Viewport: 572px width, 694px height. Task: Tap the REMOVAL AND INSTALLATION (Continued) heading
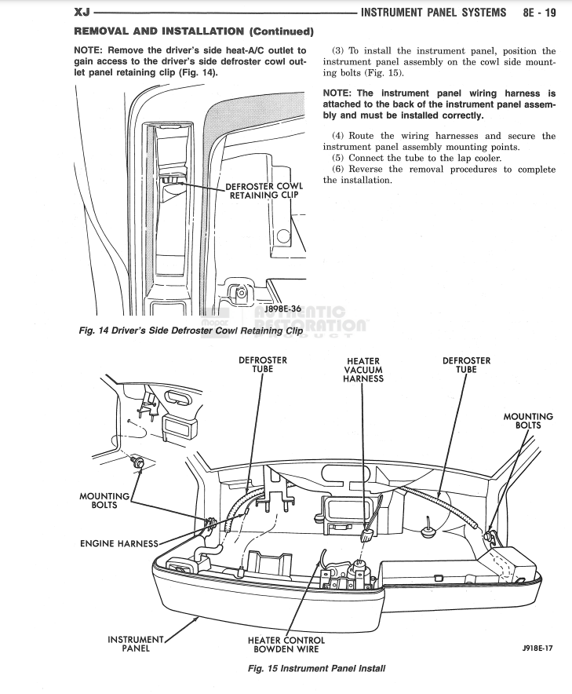point(194,31)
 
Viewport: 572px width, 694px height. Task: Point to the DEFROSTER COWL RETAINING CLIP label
point(264,191)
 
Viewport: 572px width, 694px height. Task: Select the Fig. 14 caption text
point(191,331)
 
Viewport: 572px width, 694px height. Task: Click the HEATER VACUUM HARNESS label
point(363,370)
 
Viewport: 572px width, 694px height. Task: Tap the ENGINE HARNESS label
point(119,543)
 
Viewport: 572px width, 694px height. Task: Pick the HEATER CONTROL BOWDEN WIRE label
point(286,645)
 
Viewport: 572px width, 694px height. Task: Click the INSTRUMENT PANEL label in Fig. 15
point(135,644)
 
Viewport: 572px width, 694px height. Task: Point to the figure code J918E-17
point(537,649)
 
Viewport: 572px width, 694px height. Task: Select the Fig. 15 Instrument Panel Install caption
point(317,669)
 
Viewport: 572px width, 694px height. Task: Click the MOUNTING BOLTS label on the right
point(527,421)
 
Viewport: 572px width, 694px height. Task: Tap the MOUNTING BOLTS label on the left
point(104,500)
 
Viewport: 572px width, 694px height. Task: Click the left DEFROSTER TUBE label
point(262,364)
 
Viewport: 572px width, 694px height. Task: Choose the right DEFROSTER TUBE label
point(466,365)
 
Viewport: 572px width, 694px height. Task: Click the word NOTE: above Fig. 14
point(89,51)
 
